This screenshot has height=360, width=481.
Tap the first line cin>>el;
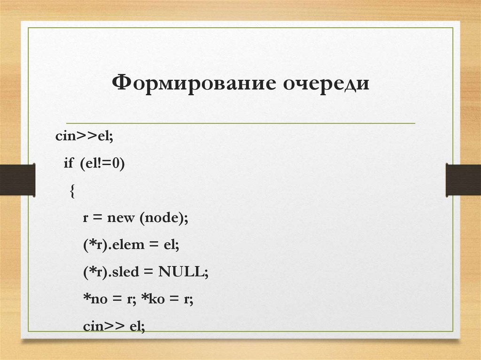coord(85,137)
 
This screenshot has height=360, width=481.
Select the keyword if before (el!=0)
coord(69,164)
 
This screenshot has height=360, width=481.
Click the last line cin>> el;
coord(114,327)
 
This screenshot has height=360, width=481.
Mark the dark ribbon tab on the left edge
coord(17,179)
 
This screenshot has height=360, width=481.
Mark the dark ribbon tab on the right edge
coord(463,179)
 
